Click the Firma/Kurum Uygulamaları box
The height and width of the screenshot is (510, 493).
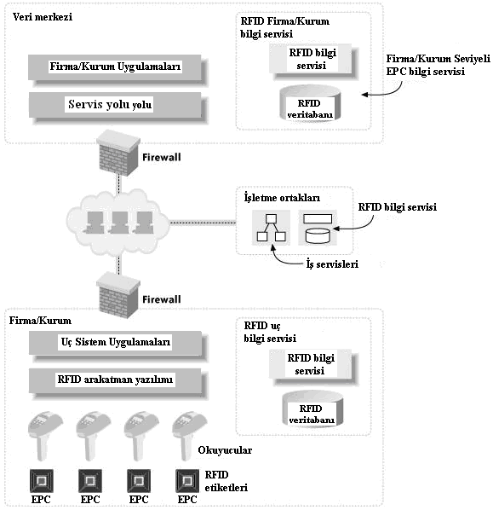[x=118, y=69]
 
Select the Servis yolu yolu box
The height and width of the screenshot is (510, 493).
[x=118, y=107]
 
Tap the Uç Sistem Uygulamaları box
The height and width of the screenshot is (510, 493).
[x=118, y=345]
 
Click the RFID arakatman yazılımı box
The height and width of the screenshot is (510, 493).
[x=118, y=382]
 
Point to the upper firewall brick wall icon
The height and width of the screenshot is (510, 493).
[x=118, y=152]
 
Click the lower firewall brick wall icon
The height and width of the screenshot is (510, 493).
[x=118, y=295]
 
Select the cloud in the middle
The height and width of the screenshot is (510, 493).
[x=118, y=223]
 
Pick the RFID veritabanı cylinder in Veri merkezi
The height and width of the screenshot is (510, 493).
[x=310, y=103]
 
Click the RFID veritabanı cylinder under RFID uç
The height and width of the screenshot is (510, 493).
[x=312, y=409]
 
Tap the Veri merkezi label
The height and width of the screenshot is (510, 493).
[x=43, y=16]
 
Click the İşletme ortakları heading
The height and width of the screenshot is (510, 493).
[x=282, y=198]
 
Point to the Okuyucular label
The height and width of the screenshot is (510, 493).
[x=225, y=450]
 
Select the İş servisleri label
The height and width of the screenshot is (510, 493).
[x=332, y=264]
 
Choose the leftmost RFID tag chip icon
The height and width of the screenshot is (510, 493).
[x=42, y=480]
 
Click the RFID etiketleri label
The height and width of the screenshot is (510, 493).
[x=226, y=481]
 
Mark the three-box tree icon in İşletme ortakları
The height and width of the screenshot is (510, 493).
[x=271, y=228]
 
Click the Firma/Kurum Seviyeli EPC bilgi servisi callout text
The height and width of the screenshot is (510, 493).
[x=439, y=65]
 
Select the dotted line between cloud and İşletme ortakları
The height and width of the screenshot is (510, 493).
[x=203, y=223]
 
